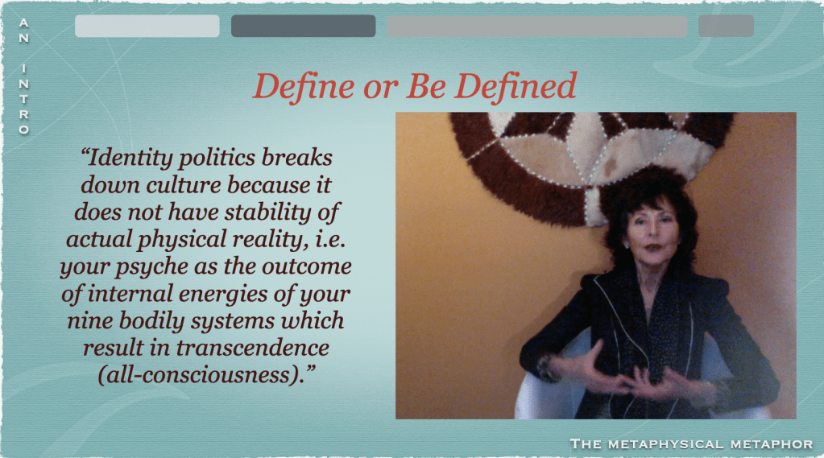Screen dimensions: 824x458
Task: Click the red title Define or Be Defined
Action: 415,86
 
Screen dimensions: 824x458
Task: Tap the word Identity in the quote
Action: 128,159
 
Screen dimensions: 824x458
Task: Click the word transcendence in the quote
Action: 252,348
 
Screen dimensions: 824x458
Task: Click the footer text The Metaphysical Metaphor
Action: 691,444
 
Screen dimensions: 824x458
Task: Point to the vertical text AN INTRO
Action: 23,76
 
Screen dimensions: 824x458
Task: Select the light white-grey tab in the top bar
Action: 147,26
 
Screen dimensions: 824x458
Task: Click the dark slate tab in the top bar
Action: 303,26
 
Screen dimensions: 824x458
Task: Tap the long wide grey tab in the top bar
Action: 537,26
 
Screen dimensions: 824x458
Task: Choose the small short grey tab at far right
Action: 727,26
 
